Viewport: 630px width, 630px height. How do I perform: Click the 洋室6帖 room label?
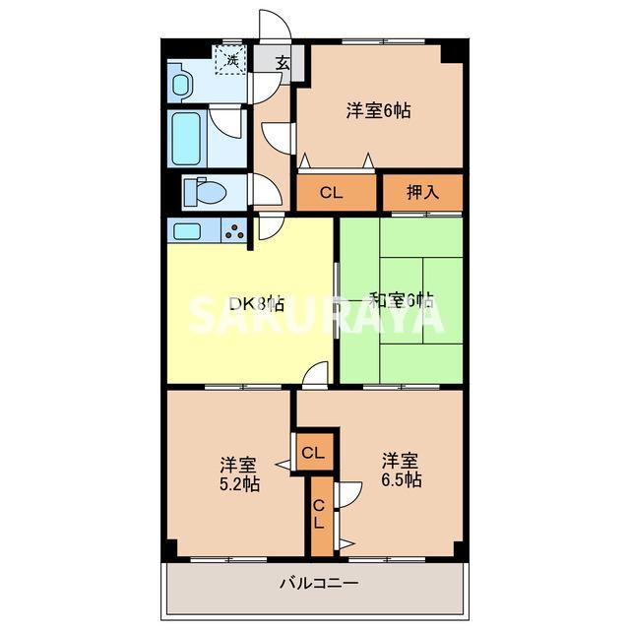pyautogui.click(x=378, y=111)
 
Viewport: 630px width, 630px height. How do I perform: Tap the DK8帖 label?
pyautogui.click(x=257, y=303)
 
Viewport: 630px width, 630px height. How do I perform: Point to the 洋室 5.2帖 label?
pyautogui.click(x=238, y=473)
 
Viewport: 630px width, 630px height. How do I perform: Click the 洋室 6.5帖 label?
pyautogui.click(x=402, y=471)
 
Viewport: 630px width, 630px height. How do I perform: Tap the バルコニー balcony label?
pyautogui.click(x=318, y=583)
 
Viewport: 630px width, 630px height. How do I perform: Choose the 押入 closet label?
pyautogui.click(x=422, y=193)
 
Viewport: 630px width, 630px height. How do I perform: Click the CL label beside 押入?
pyautogui.click(x=331, y=193)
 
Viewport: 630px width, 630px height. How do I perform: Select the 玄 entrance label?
pyautogui.click(x=283, y=63)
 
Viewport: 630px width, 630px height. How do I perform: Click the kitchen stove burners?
pyautogui.click(x=236, y=232)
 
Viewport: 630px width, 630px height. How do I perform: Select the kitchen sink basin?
pyautogui.click(x=188, y=231)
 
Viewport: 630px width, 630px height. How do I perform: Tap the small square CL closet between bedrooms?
pyautogui.click(x=313, y=453)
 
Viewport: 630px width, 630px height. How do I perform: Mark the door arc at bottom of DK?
pyautogui.click(x=316, y=374)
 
